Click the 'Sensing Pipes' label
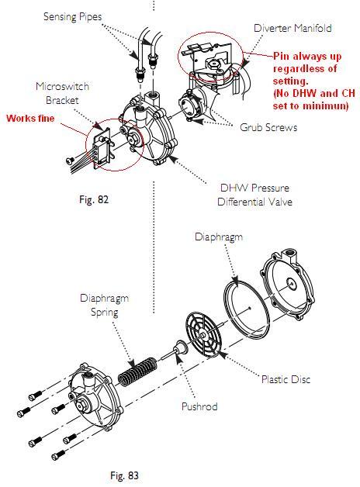(x=73, y=17)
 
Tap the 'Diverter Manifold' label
(x=292, y=28)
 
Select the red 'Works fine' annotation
(x=30, y=119)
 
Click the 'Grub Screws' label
(x=268, y=127)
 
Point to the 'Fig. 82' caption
(x=94, y=199)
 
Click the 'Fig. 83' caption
(x=124, y=475)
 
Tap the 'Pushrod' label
(x=199, y=406)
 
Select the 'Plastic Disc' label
(x=286, y=379)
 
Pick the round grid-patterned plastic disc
(x=204, y=333)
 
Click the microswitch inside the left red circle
(x=101, y=148)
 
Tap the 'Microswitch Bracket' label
(x=62, y=93)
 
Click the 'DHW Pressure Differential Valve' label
(x=254, y=195)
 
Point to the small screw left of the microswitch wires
(x=70, y=161)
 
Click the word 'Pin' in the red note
(x=282, y=56)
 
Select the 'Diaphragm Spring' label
(x=104, y=305)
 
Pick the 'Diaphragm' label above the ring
(x=219, y=237)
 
